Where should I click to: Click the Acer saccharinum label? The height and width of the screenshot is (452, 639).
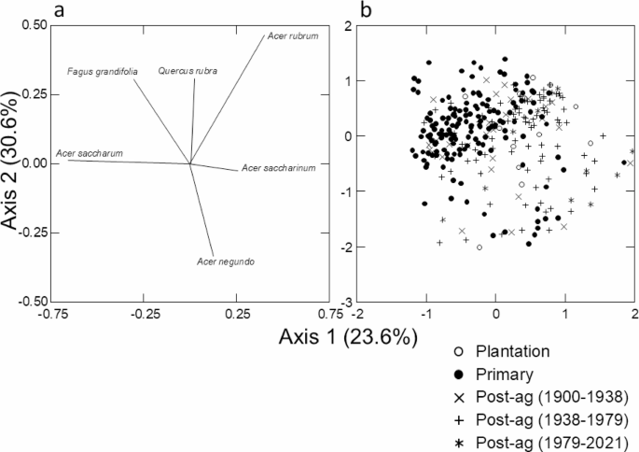pos(278,168)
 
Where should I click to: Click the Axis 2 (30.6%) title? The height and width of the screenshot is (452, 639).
pos(13,164)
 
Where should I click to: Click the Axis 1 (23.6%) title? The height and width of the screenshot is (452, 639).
pos(347,337)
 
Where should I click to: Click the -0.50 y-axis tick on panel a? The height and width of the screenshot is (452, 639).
pos(34,302)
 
